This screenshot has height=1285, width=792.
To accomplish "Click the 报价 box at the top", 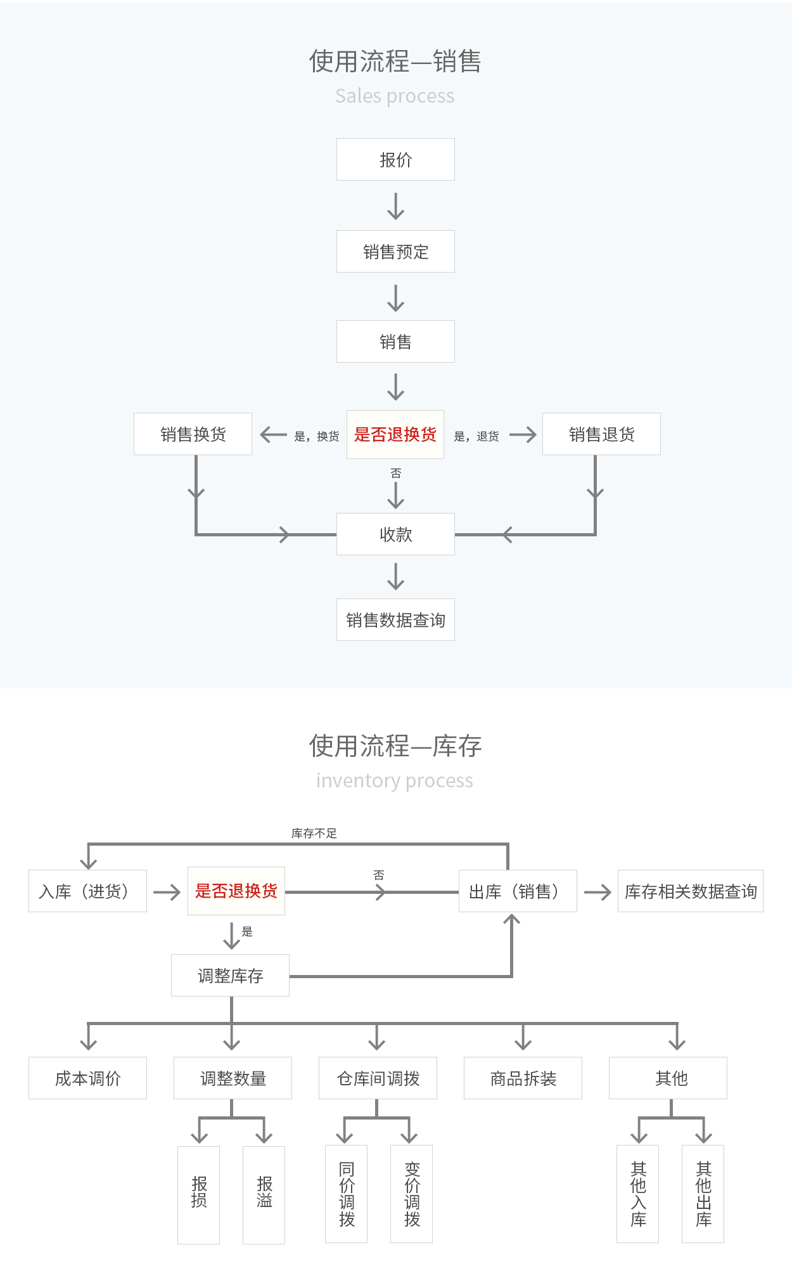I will point(395,160).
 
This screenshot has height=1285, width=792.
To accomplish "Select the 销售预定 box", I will point(395,252).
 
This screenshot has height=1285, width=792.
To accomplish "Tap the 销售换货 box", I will point(193,434).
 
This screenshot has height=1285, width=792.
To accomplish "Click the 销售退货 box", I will point(601,434).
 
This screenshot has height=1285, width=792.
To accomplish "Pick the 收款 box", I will point(395,534).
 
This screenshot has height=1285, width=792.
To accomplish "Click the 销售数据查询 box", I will point(395,620).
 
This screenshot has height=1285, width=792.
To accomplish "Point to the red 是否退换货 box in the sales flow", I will point(395,434).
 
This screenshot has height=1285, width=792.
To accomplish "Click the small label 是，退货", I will point(476,436).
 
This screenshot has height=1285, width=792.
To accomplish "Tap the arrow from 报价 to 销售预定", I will point(395,206).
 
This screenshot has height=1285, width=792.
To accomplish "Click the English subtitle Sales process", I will point(395,96).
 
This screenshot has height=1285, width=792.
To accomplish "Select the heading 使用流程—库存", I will point(395,746).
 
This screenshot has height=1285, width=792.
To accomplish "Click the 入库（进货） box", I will point(87,891).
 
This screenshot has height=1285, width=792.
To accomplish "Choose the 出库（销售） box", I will point(518,891).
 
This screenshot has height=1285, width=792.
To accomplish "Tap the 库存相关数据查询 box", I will point(691,891).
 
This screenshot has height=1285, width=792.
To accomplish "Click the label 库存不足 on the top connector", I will point(314,833).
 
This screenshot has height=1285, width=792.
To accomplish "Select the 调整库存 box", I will point(230,976).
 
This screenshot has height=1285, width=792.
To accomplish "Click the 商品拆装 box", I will point(523,1078).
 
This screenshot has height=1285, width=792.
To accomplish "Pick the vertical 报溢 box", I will point(264,1194).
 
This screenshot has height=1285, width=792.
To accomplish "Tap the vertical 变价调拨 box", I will point(412,1194).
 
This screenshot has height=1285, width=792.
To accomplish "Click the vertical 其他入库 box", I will point(638,1194).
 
